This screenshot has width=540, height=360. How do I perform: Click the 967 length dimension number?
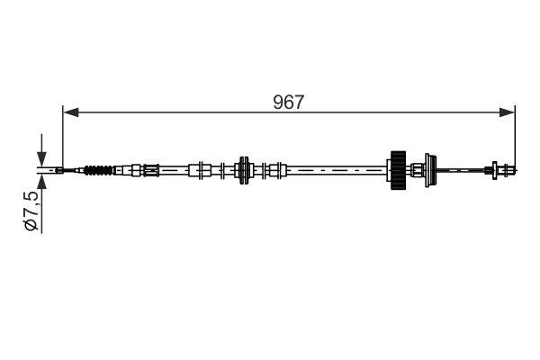pyautogui.click(x=289, y=102)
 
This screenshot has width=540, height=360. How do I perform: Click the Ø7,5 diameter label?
pyautogui.click(x=31, y=211)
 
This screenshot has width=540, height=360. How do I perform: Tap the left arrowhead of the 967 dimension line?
pyautogui.click(x=69, y=112)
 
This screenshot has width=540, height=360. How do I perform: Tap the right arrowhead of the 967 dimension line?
pyautogui.click(x=509, y=112)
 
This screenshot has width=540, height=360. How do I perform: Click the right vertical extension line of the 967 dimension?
pyautogui.click(x=515, y=135)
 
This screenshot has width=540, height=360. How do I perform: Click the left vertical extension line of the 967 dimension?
pyautogui.click(x=63, y=135)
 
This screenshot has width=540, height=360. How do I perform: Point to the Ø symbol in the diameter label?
pyautogui.click(x=31, y=226)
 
